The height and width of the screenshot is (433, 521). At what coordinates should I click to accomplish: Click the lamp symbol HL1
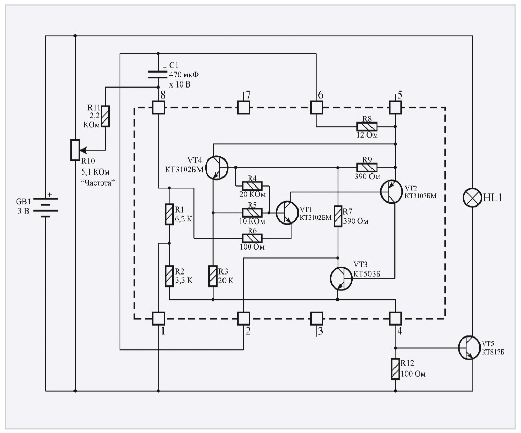pyautogui.click(x=472, y=198)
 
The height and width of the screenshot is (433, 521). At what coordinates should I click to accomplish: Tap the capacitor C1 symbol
pyautogui.click(x=158, y=74)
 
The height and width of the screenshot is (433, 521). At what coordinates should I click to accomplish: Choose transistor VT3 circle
pyautogui.click(x=341, y=278)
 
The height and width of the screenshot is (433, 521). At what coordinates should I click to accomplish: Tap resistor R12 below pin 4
pyautogui.click(x=395, y=369)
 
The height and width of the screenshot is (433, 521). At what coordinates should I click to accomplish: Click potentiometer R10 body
pyautogui.click(x=75, y=149)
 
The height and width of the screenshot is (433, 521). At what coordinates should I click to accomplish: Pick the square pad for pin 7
pyautogui.click(x=244, y=107)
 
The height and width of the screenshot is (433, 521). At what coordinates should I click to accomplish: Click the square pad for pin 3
pyautogui.click(x=316, y=318)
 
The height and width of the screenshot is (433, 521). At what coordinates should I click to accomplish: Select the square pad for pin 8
pyautogui.click(x=158, y=107)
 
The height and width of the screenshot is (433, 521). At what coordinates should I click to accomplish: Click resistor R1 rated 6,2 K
pyautogui.click(x=169, y=214)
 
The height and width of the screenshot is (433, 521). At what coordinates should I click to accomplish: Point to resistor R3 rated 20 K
pyautogui.click(x=213, y=276)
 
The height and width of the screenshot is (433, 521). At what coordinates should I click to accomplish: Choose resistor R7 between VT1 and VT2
pyautogui.click(x=338, y=216)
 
